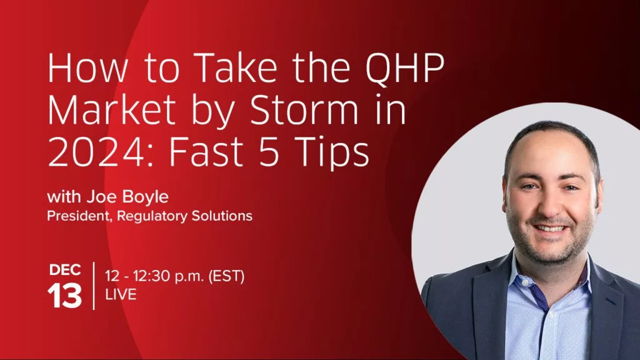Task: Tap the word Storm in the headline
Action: coord(304,110)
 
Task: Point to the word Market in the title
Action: coord(111,110)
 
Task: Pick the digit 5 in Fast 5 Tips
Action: coord(269,152)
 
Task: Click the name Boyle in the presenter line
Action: coord(145,197)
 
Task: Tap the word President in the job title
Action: coord(79,216)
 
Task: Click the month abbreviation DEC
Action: coord(65,270)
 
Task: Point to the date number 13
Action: coord(64,296)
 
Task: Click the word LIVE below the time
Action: coord(121,294)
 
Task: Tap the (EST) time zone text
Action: coord(226,276)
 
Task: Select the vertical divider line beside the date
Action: coord(94,286)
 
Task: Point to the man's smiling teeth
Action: coord(551,228)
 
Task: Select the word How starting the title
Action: coord(87,68)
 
